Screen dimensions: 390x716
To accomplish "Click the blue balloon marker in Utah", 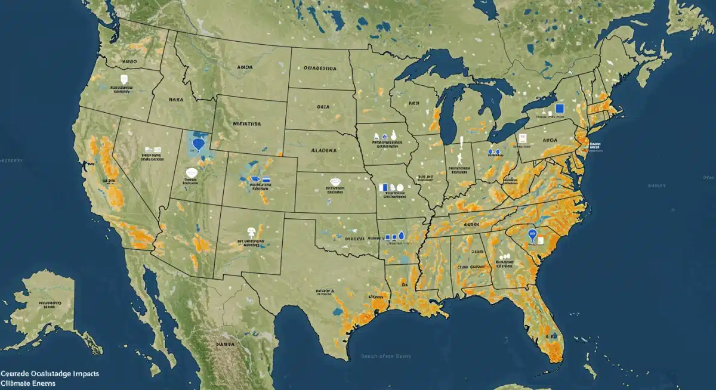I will click(198, 144).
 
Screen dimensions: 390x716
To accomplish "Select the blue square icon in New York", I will click(559, 109).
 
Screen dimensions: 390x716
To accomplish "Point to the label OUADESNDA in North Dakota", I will click(320, 69).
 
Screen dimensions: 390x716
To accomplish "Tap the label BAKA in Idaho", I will click(176, 100).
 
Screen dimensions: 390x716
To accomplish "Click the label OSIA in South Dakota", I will click(323, 107).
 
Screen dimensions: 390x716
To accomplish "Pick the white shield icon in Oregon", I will click(124, 79).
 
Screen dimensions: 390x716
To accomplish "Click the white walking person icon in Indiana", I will click(459, 159).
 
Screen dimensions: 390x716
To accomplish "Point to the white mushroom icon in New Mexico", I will click(251, 231).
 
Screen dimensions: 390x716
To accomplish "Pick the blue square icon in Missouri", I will click(385, 187).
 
